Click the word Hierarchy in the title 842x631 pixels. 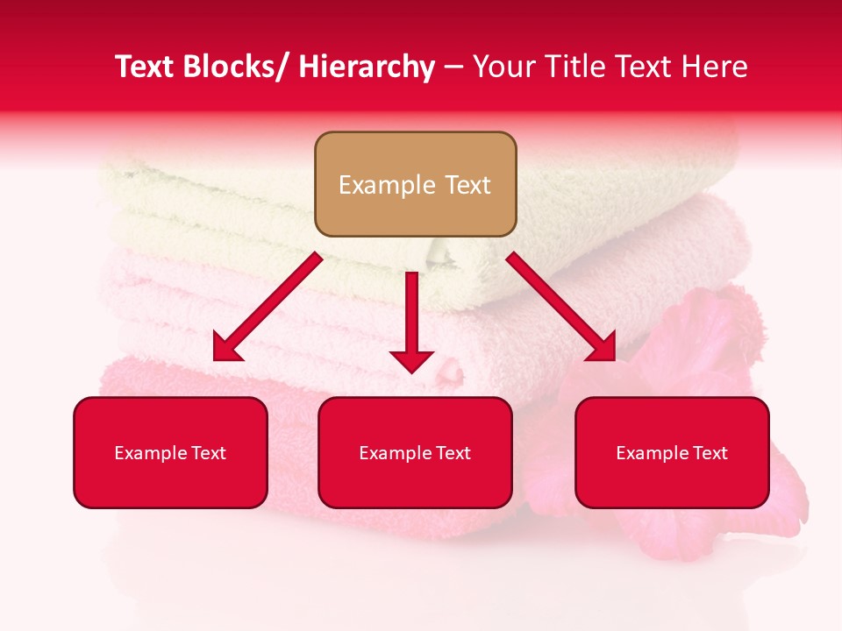[x=367, y=67]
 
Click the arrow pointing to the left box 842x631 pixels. [x=268, y=307]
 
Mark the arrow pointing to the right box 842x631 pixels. [x=561, y=307]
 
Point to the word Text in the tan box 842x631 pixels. [x=466, y=185]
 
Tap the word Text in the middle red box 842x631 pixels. [x=453, y=453]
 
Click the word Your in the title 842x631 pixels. [x=503, y=67]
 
